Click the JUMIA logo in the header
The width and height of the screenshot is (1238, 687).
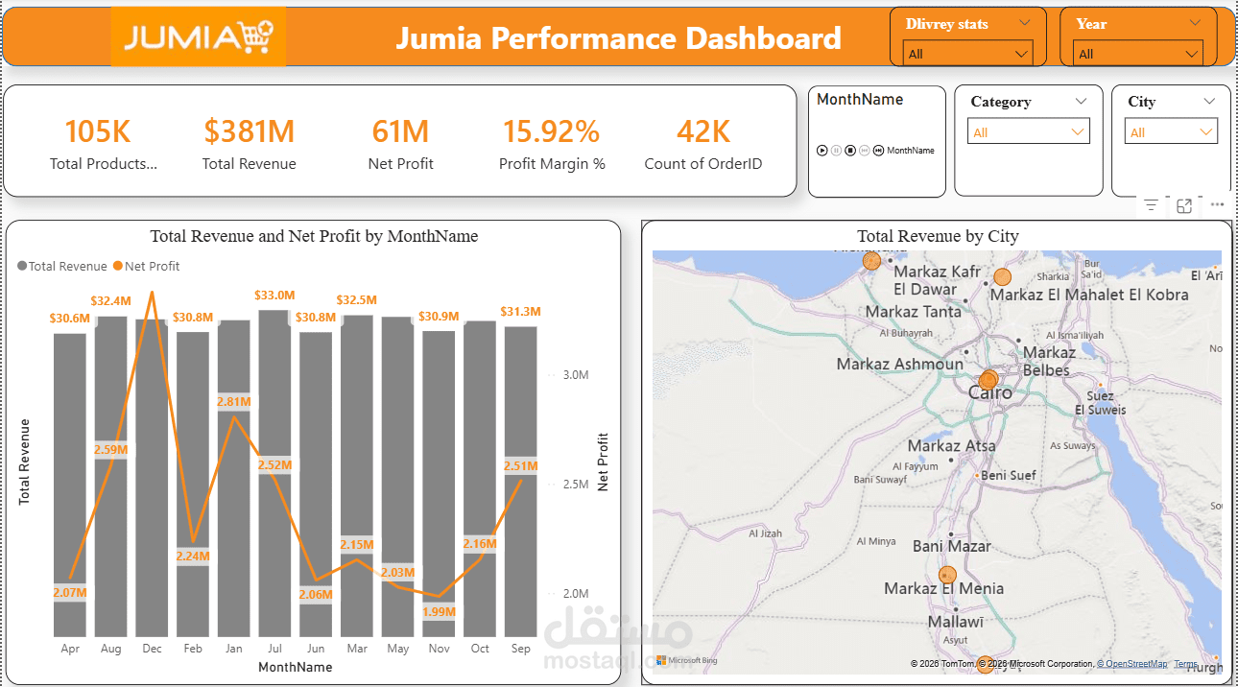pos(199,37)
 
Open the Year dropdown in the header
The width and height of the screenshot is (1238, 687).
pos(1138,54)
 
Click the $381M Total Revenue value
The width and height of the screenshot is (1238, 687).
pos(249,131)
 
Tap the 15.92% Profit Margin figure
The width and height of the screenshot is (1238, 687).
pos(551,131)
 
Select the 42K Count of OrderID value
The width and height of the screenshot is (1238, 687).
pos(702,131)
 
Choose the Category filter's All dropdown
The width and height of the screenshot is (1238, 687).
pos(1029,132)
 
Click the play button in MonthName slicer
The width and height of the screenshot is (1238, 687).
pos(821,151)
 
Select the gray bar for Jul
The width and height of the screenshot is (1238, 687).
pos(274,480)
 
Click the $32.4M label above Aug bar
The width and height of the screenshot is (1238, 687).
pos(110,300)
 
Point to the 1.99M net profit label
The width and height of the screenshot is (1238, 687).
pos(439,611)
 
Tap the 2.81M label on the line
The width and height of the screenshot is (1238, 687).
pos(233,401)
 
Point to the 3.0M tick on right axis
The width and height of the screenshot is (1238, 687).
pos(575,374)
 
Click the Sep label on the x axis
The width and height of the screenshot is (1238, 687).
pos(520,649)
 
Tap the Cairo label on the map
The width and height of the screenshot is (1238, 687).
pos(989,392)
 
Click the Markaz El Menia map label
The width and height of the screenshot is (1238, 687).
pos(943,588)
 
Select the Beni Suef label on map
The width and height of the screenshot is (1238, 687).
pos(1008,475)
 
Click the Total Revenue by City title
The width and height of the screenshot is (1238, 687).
pos(937,236)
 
